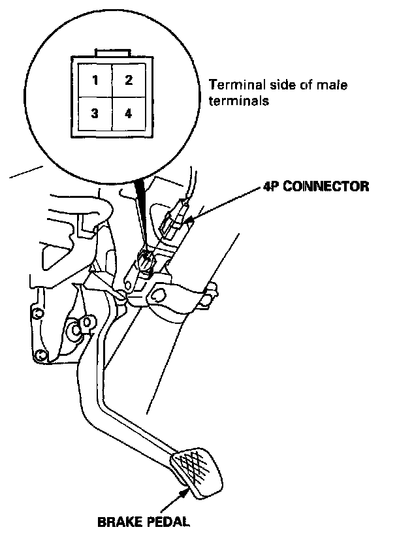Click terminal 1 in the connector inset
coord(95,82)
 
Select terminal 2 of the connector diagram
coord(129,81)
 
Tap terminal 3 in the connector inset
coord(95,114)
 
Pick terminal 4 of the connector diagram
coord(129,114)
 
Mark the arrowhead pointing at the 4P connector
coord(190,222)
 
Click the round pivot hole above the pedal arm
coord(157,294)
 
